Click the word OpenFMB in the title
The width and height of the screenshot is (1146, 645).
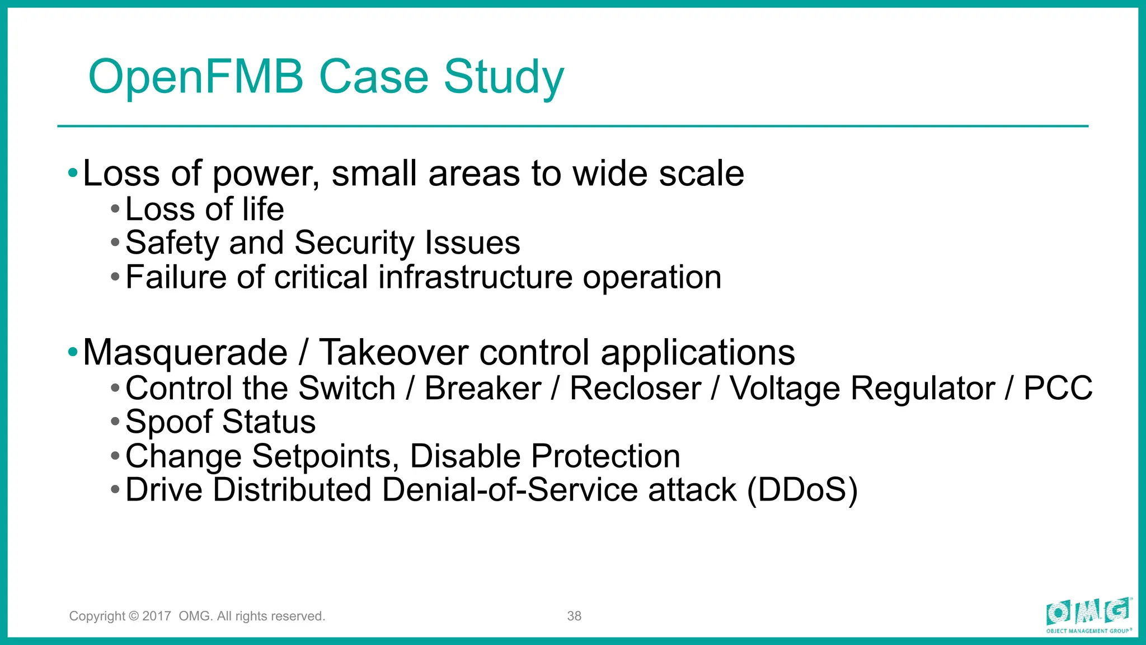[196, 77]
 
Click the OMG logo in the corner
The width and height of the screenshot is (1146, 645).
[1088, 614]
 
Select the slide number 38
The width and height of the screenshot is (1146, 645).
[574, 616]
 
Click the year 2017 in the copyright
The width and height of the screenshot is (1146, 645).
[157, 616]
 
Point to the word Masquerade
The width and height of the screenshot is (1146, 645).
[185, 353]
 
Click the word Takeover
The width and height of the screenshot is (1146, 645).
[393, 353]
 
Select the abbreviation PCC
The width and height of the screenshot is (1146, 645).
[1058, 388]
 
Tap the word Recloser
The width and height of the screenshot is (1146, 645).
[635, 388]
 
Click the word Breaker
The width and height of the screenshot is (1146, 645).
[482, 388]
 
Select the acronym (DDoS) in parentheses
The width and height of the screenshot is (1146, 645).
[802, 490]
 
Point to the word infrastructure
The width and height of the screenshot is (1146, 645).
[475, 277]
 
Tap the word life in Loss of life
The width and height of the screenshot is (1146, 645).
[263, 209]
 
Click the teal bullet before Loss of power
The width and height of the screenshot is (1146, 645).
[73, 173]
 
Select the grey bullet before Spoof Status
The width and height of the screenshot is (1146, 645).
[115, 422]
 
